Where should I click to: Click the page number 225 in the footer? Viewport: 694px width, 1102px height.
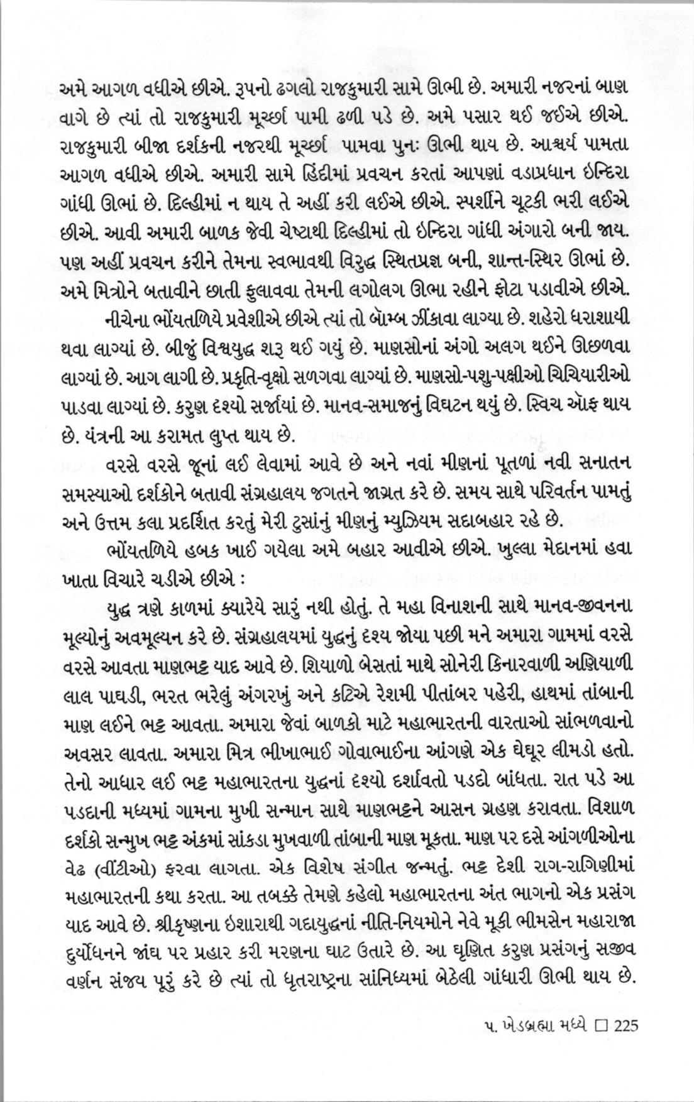626,1026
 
